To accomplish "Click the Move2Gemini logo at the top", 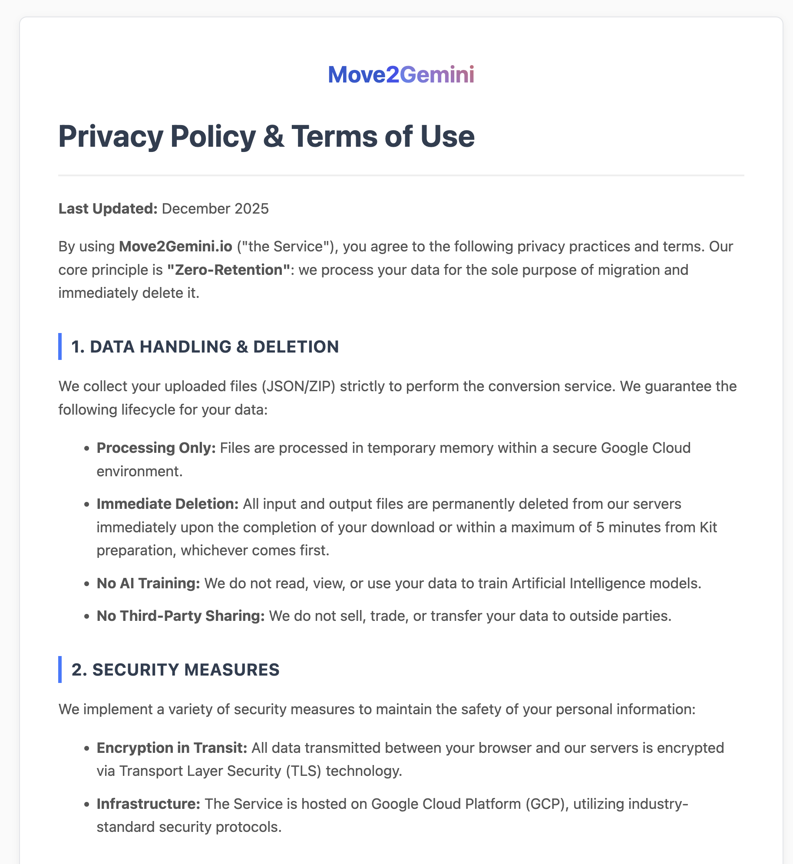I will (401, 74).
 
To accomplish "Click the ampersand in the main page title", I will (274, 137).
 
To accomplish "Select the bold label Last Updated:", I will (108, 209).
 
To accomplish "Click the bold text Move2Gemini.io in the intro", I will (175, 247).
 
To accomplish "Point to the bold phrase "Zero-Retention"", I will (228, 270).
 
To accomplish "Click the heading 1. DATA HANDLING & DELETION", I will (205, 347).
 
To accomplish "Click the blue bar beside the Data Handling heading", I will (60, 346).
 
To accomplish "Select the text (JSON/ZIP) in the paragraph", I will (298, 386).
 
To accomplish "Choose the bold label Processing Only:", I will (156, 448).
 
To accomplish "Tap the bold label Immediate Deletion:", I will (167, 504).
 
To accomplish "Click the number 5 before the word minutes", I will (600, 528).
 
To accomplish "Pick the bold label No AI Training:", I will (148, 584).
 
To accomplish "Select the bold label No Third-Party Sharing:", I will (180, 616).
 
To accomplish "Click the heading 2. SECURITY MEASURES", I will (175, 670).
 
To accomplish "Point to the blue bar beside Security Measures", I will (60, 669).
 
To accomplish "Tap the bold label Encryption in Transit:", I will (172, 748).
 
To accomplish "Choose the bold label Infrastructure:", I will (148, 804).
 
